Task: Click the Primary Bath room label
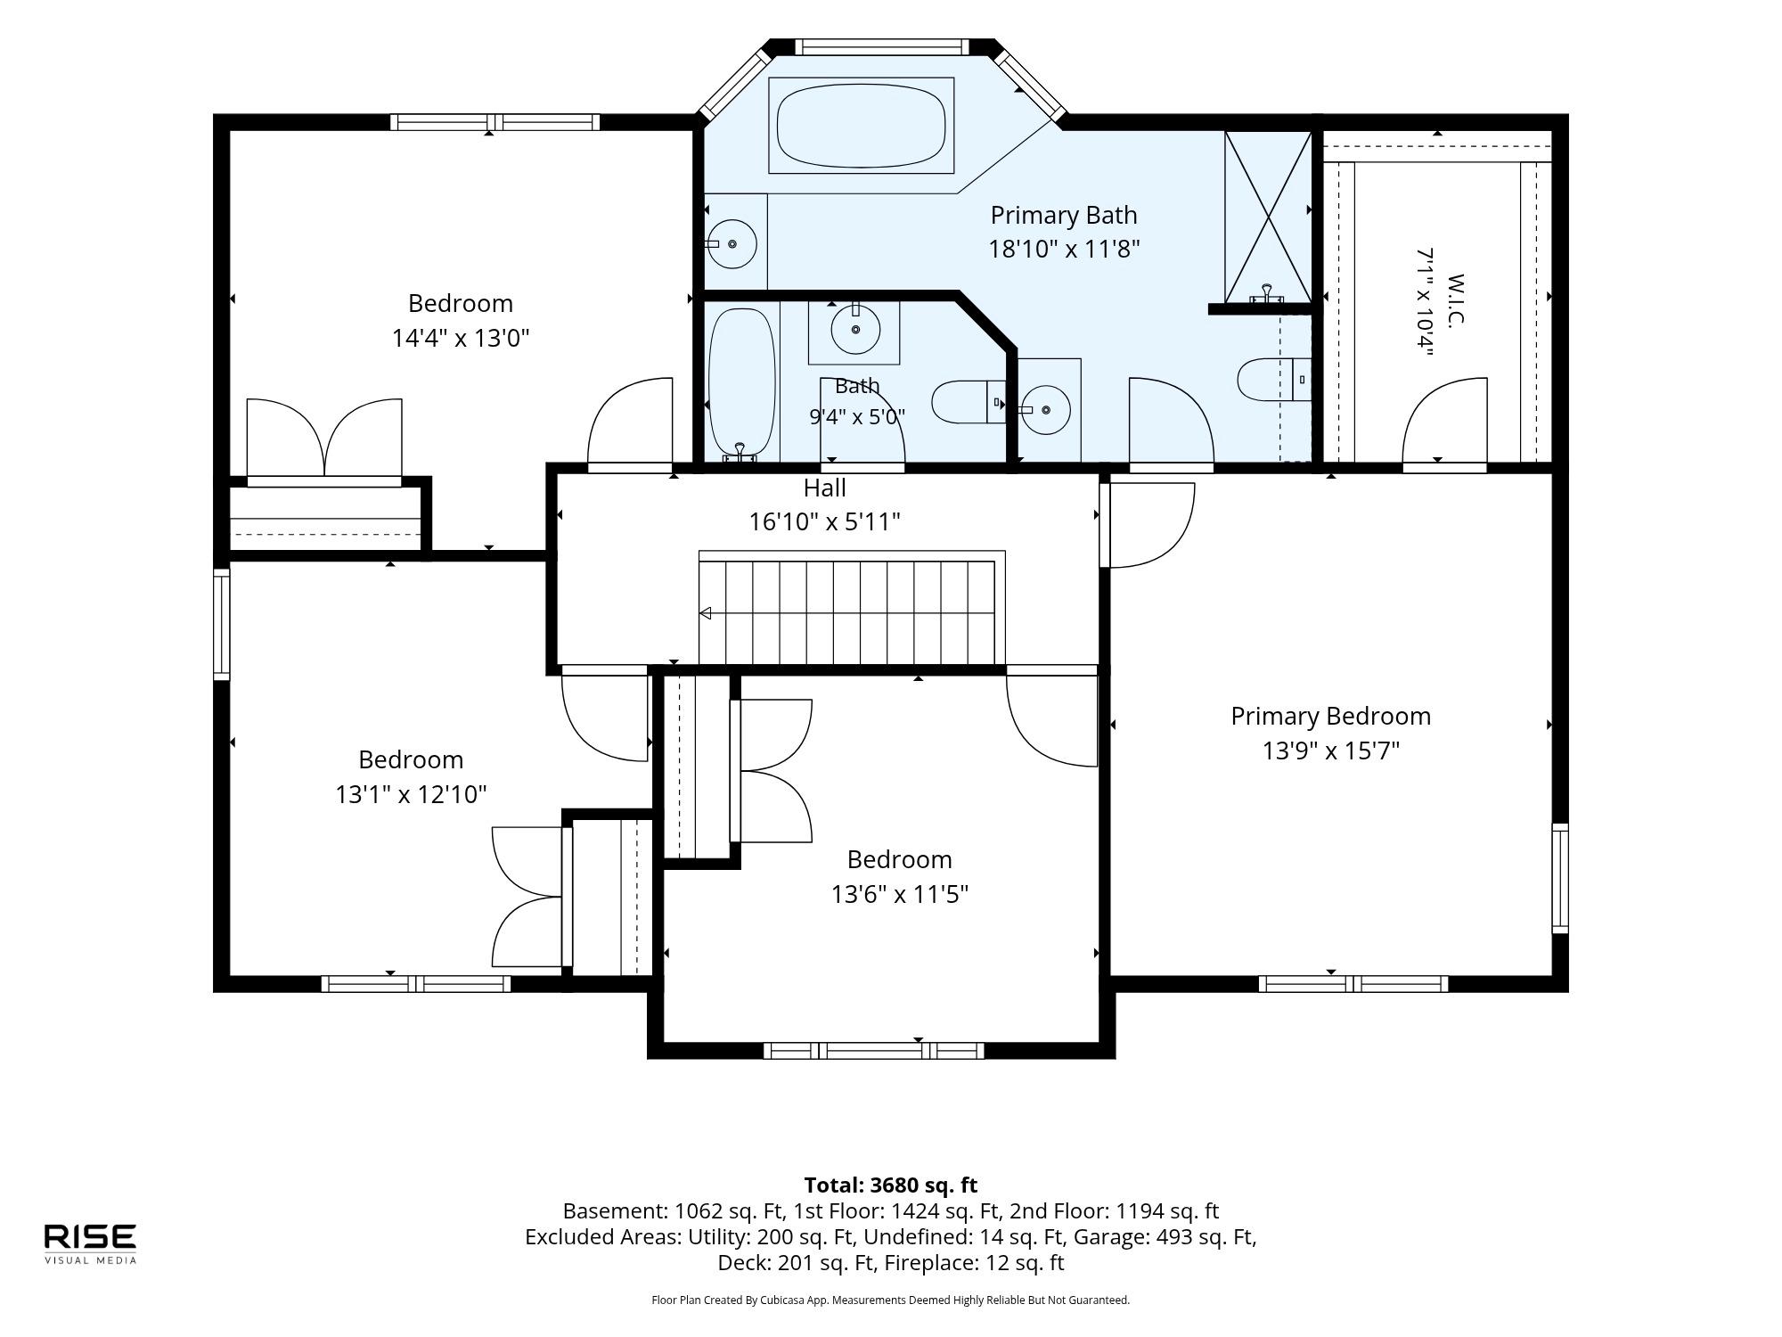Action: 1064,215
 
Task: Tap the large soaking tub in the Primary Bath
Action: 861,126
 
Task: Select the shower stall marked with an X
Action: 1268,217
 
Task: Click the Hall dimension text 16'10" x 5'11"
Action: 824,521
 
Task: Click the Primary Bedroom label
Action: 1330,716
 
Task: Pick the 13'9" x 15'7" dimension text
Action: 1330,751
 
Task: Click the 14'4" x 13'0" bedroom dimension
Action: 461,339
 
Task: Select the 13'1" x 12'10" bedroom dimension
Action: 411,794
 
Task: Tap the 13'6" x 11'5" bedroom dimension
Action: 899,894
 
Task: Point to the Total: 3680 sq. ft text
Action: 890,1185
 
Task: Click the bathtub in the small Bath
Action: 741,384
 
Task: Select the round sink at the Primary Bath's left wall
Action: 732,243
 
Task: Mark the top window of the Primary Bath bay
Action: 880,47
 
